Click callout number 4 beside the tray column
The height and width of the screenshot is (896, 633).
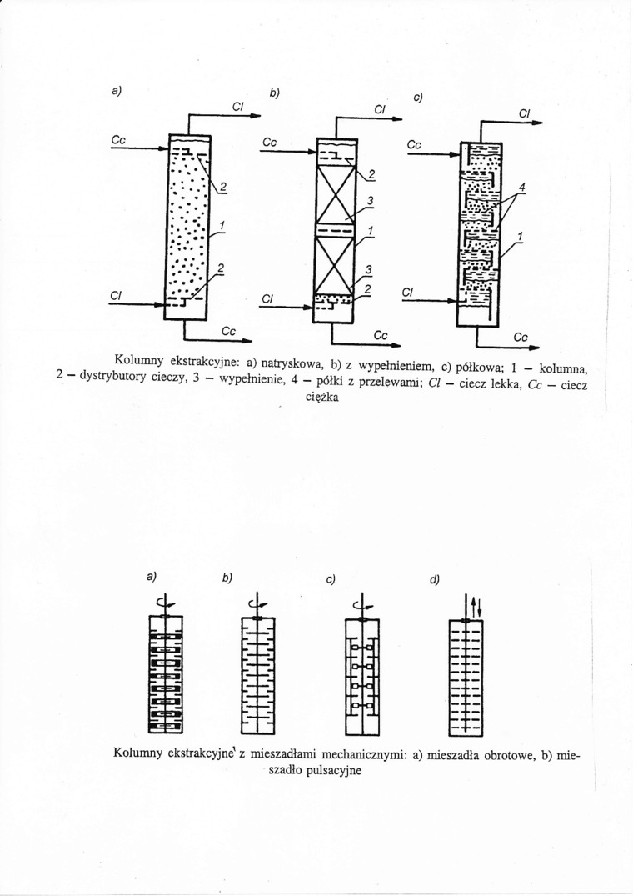click(522, 188)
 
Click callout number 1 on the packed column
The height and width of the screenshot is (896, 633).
click(370, 230)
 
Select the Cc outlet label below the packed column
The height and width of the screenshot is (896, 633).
click(381, 334)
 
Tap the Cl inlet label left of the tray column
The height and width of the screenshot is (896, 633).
click(407, 292)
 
